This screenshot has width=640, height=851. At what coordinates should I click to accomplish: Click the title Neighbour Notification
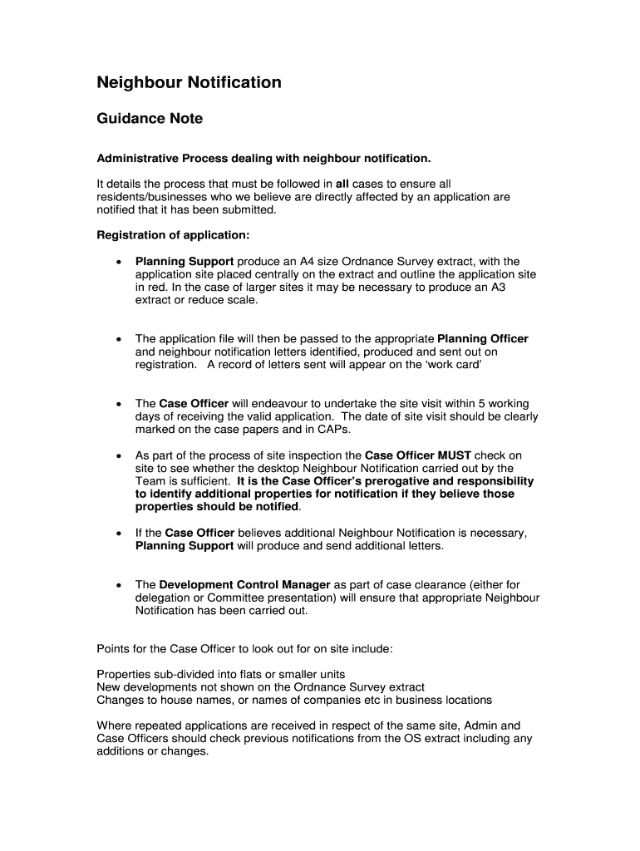pos(189,82)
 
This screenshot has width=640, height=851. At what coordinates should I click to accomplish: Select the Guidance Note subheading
pos(150,119)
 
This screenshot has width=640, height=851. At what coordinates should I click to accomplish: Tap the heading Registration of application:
pos(173,235)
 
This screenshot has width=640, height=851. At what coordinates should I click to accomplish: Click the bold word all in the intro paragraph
pos(342,184)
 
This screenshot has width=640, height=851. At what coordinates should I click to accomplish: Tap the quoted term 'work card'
pos(458,365)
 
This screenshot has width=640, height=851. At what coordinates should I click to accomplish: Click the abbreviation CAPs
pos(333,430)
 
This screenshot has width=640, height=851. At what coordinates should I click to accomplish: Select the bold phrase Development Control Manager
pos(244,585)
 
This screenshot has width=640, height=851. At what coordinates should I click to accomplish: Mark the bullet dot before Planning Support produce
pos(119,262)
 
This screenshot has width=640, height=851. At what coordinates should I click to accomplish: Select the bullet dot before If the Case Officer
pos(119,534)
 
